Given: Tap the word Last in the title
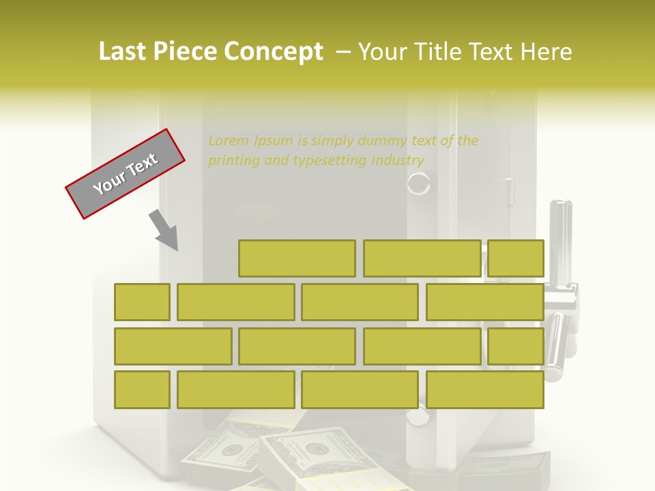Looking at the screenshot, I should pyautogui.click(x=122, y=52).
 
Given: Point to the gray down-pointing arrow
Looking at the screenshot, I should pyautogui.click(x=164, y=230).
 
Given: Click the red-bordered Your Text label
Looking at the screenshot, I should pyautogui.click(x=126, y=174).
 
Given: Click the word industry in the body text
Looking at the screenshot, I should pyautogui.click(x=398, y=161).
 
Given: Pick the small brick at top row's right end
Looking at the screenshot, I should pyautogui.click(x=516, y=258).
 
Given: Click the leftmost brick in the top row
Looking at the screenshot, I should pyautogui.click(x=297, y=258).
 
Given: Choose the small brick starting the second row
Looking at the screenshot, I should pyautogui.click(x=142, y=302).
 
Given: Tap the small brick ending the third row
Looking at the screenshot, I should pyautogui.click(x=516, y=346).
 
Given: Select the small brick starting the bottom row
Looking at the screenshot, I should pyautogui.click(x=142, y=390).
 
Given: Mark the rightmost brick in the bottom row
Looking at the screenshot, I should pyautogui.click(x=485, y=390).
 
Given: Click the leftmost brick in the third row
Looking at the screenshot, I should pyautogui.click(x=173, y=346).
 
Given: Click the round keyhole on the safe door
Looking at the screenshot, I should pyautogui.click(x=419, y=184).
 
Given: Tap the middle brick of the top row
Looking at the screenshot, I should pyautogui.click(x=422, y=258).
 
